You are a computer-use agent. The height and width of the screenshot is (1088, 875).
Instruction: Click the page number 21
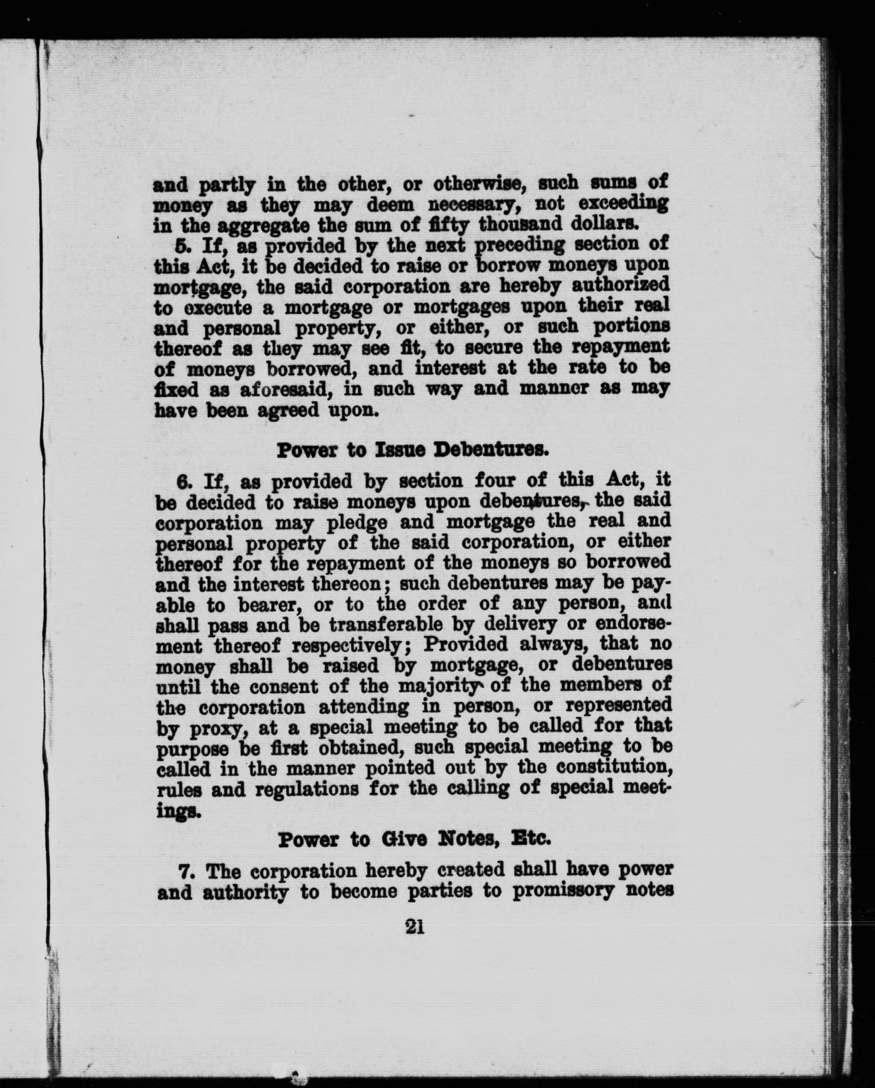pyautogui.click(x=414, y=927)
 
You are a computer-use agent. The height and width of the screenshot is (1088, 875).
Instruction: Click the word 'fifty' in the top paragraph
pyautogui.click(x=448, y=223)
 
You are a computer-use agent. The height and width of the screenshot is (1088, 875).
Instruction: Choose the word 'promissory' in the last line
pyautogui.click(x=563, y=892)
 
